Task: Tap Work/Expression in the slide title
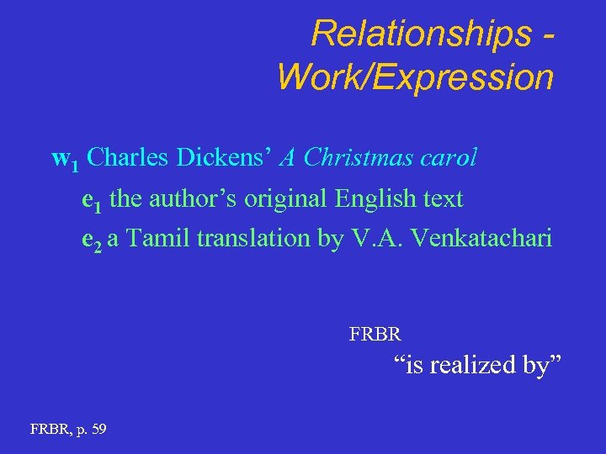tap(415, 77)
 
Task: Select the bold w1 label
tap(65, 159)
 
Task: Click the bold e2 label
tap(92, 240)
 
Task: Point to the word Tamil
tap(160, 239)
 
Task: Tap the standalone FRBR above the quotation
tap(375, 334)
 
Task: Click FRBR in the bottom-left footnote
tap(46, 429)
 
